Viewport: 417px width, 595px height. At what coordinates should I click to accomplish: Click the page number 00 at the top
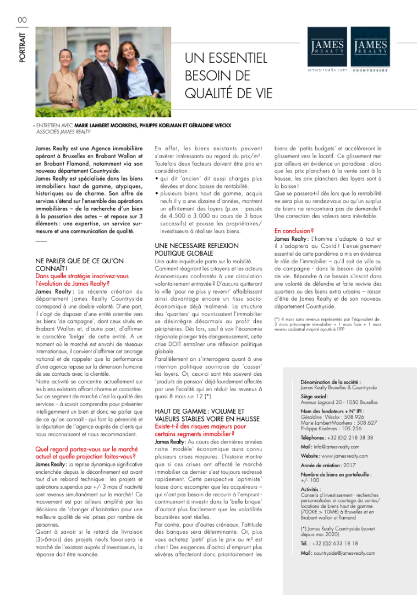click(x=22, y=20)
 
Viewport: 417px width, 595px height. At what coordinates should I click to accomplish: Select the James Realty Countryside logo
click(x=370, y=48)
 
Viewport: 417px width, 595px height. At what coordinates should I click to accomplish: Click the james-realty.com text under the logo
click(x=327, y=70)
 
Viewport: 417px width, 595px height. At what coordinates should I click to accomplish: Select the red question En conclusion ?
click(x=294, y=231)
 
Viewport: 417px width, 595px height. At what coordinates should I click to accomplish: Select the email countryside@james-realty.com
click(x=345, y=553)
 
